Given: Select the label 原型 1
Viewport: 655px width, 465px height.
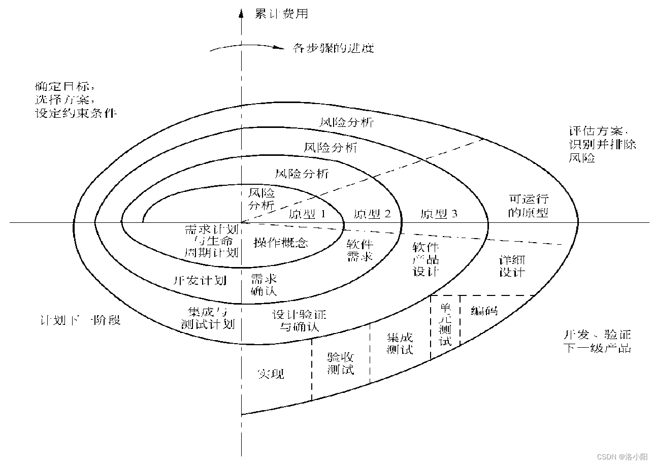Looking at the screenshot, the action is click(307, 214).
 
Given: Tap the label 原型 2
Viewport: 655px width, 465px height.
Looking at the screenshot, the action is click(372, 214).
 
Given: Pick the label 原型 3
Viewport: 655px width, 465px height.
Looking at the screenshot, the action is click(439, 214).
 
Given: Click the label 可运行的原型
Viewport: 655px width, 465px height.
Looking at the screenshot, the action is click(529, 206).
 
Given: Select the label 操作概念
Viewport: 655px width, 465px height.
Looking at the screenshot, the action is click(281, 242).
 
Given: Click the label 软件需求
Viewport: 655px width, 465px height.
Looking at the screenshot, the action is click(360, 250).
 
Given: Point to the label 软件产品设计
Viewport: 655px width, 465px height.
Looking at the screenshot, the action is click(426, 259).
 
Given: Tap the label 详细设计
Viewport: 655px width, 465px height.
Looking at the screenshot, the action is click(511, 265).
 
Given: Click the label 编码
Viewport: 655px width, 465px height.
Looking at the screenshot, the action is click(484, 311).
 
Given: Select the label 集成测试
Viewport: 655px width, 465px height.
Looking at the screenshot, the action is click(400, 343).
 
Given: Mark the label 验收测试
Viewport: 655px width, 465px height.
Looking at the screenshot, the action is click(340, 363).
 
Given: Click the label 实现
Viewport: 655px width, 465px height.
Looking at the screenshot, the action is click(270, 374).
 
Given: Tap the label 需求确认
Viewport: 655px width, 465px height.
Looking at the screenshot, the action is click(264, 285).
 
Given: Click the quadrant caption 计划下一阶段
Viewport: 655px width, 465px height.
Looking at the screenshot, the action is click(80, 320).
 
